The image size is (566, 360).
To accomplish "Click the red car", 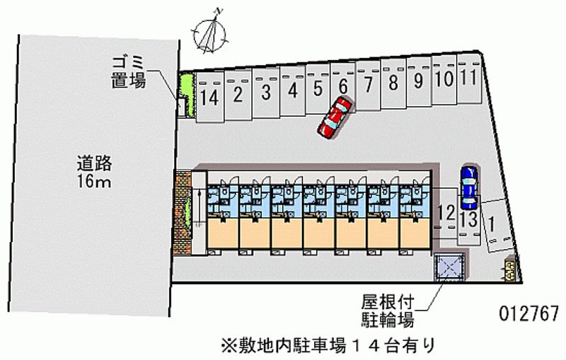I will pyautogui.click(x=334, y=117).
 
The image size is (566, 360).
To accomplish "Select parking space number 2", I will pyautogui.click(x=239, y=95).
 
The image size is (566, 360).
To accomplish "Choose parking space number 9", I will pyautogui.click(x=418, y=80).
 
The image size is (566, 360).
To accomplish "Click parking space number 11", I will pyautogui.click(x=468, y=76).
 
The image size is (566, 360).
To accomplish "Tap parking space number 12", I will pyautogui.click(x=446, y=211).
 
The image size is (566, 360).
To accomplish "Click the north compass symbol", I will pyautogui.click(x=210, y=30).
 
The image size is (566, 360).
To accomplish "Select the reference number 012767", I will pyautogui.click(x=524, y=312).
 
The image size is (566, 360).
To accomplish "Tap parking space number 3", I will pyautogui.click(x=265, y=92).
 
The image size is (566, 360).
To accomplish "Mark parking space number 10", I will pyautogui.click(x=444, y=78).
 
